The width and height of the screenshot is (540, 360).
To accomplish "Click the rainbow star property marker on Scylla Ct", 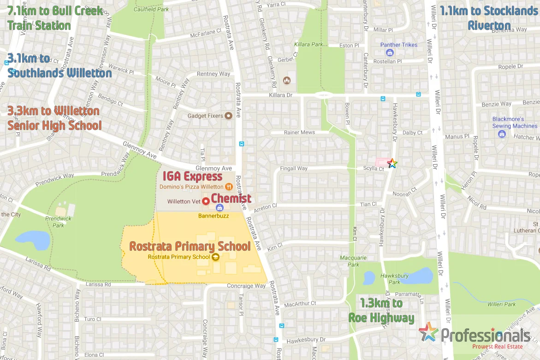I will point(392,163).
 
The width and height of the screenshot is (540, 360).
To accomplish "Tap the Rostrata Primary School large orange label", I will point(190,246).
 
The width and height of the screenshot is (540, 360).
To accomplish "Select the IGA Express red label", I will point(192,177).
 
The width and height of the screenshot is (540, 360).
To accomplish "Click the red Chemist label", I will point(231,199).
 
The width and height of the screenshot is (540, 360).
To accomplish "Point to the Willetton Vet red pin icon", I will point(206,201).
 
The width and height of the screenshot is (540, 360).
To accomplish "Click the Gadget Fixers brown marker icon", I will point(228,116).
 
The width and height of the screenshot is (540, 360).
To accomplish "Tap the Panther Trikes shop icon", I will point(390,53).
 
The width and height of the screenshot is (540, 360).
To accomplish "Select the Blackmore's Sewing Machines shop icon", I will point(502,134).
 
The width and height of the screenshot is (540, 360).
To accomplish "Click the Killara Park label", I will point(309,45).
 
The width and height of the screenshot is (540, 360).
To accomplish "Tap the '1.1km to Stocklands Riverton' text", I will point(489,18).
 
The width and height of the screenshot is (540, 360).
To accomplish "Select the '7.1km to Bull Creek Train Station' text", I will point(55,18).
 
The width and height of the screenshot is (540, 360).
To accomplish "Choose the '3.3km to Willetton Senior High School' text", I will point(54,118).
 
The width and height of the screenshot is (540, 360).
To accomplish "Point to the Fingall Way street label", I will point(294,169).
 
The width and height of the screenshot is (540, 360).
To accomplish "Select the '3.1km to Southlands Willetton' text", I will point(59,66).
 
